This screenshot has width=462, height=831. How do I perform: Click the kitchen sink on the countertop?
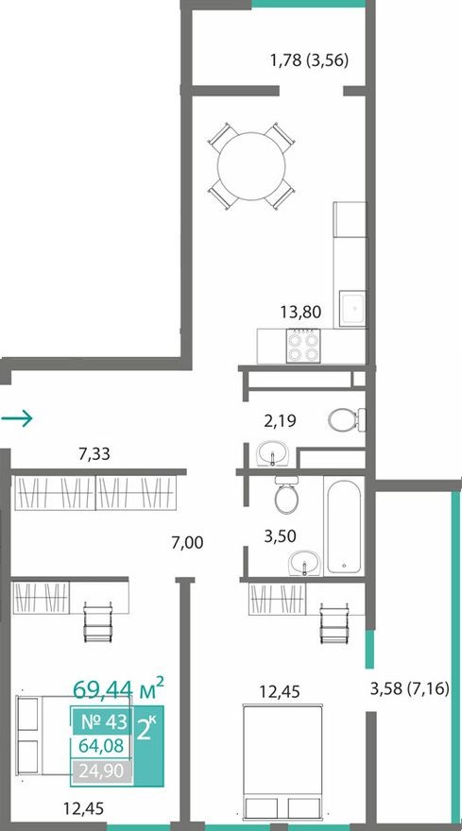pos(351,308)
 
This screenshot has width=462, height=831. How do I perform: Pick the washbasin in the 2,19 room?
pos(274,455)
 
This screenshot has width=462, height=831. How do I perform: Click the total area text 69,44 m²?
pos(118,684)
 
